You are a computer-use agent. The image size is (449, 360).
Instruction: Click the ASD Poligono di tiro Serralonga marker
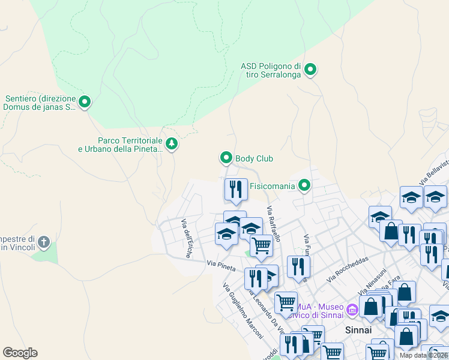[x=310, y=70]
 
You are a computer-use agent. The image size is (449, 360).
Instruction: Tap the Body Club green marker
[x=226, y=158]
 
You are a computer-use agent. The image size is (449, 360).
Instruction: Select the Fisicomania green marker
[x=305, y=186]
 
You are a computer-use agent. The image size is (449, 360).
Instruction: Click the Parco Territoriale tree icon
[x=172, y=144]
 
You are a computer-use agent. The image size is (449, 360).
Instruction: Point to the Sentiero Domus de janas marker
[x=85, y=103]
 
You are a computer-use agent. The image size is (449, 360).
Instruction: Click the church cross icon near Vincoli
[x=43, y=243]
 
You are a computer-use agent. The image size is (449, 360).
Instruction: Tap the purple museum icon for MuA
[x=352, y=310]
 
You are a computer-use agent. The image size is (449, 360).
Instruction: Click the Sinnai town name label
[x=358, y=330]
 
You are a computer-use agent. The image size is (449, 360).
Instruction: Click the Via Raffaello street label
[x=274, y=223]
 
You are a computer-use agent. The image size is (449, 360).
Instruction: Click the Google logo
[x=20, y=353]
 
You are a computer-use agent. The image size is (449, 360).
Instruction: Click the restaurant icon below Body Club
[x=236, y=189]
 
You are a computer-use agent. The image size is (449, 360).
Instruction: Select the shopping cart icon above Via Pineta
[x=261, y=245]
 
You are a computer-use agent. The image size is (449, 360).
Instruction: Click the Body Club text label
[x=254, y=158]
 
